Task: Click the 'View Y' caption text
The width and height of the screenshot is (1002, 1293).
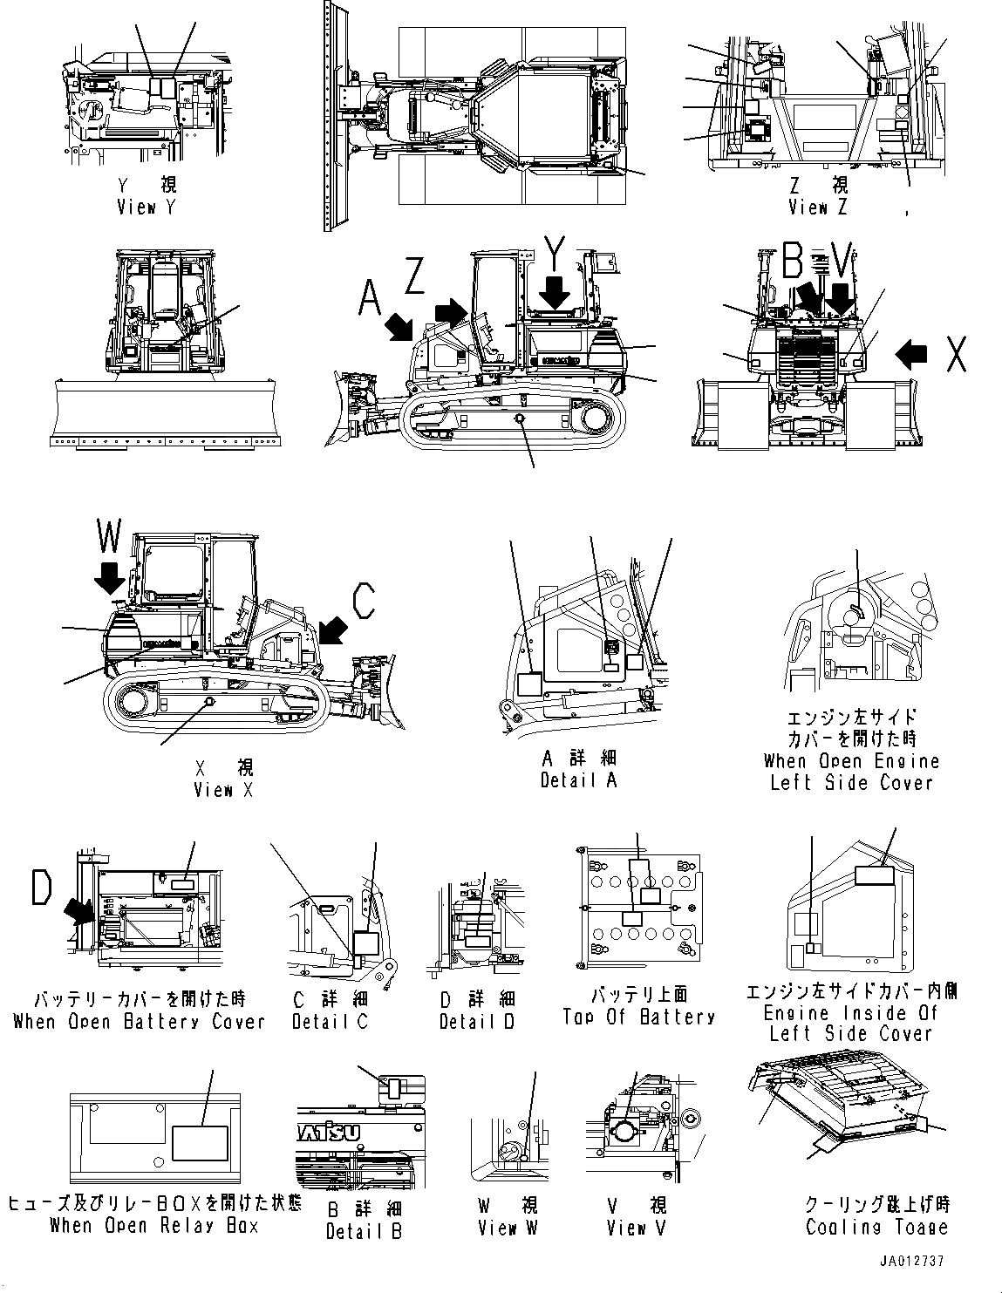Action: point(147,208)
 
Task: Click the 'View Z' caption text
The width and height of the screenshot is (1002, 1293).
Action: point(817,208)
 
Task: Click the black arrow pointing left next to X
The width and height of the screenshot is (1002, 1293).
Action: point(911,353)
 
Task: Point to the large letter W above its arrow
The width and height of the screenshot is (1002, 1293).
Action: point(109,537)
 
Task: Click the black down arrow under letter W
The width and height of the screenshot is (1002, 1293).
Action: point(110,577)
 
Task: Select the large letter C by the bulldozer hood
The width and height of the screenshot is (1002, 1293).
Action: point(364,600)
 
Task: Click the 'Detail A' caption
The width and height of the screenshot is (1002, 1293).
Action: point(578,780)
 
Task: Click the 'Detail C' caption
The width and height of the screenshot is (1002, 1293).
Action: point(330,1021)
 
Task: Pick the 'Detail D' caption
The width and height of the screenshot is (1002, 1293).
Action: point(477,1021)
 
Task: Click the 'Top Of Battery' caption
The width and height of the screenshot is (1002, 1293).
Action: point(638,1017)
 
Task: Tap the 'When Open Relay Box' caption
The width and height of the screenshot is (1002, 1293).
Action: point(153,1226)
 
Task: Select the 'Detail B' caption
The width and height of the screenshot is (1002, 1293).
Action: point(364,1231)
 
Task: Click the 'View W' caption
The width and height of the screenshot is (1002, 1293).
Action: point(508,1228)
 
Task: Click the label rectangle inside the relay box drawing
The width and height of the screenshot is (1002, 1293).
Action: point(200,1143)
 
